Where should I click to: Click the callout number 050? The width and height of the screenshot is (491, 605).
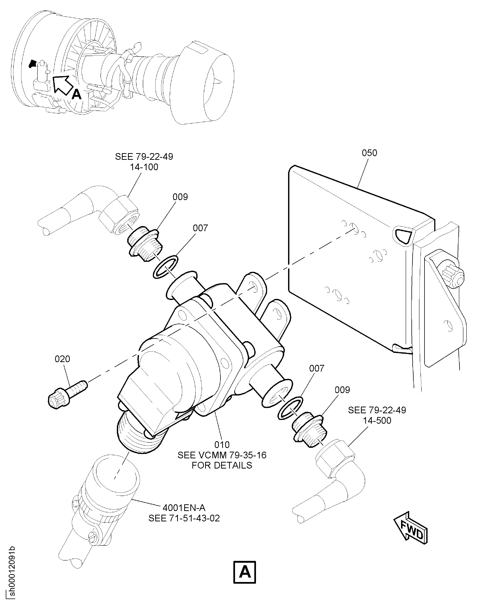point(369,153)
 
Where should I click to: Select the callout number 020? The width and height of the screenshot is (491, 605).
point(62,359)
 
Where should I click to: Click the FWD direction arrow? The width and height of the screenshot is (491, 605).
point(411,527)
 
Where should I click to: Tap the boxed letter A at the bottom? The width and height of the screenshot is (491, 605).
point(245,572)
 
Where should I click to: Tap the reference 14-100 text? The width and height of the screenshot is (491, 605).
point(144,167)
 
